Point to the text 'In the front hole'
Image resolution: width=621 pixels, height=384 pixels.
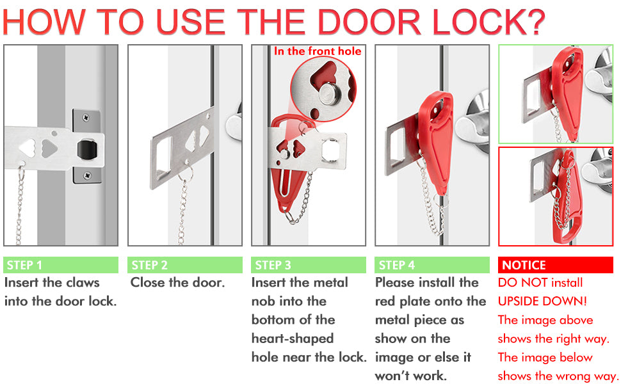coord(318,51)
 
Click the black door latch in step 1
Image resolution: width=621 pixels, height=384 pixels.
coord(85,150)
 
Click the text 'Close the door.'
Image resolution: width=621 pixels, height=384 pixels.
coord(177,282)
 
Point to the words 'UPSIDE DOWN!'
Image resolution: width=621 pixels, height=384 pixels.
coord(542,301)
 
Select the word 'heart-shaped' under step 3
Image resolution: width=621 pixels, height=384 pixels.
coord(293,338)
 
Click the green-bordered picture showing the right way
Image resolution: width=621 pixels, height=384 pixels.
coord(556,94)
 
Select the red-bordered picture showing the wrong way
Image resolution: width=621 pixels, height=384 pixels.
coord(556,196)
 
